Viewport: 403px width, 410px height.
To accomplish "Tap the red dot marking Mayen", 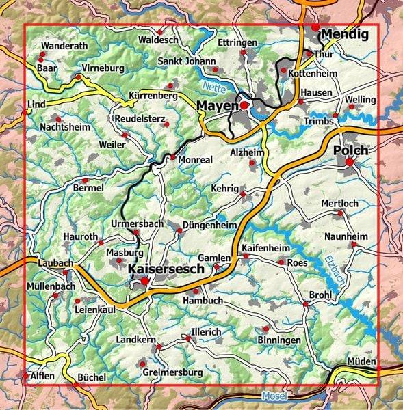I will coord(244,105).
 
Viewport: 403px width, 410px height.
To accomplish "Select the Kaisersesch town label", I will coord(166,270).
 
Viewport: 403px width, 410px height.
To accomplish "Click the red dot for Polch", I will coord(350,162).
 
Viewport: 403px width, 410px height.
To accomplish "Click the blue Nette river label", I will coord(213,87).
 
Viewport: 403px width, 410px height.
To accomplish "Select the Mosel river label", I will coord(274,396).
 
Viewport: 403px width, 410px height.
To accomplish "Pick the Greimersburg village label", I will coord(173,372).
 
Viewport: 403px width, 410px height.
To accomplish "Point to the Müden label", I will coord(362,361).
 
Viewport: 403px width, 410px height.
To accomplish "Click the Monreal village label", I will coord(196,159).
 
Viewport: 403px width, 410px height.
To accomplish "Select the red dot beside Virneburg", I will coord(79,77).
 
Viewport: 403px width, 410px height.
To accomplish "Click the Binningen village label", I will coord(279,340).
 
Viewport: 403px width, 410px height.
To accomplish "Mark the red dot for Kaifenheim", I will coord(246,256).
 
